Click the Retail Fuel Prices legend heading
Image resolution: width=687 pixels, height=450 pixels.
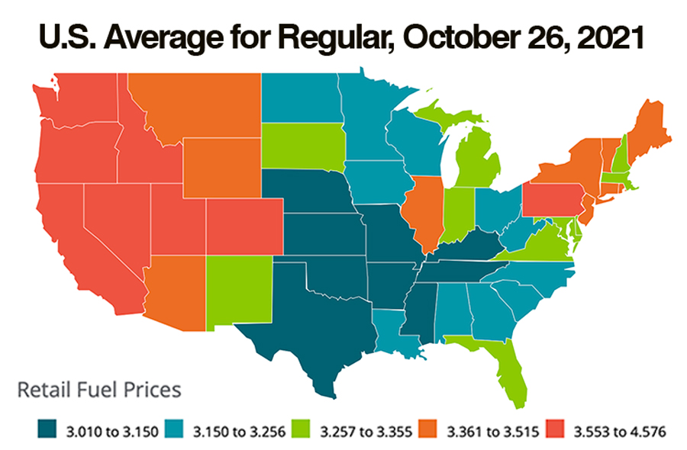99,390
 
